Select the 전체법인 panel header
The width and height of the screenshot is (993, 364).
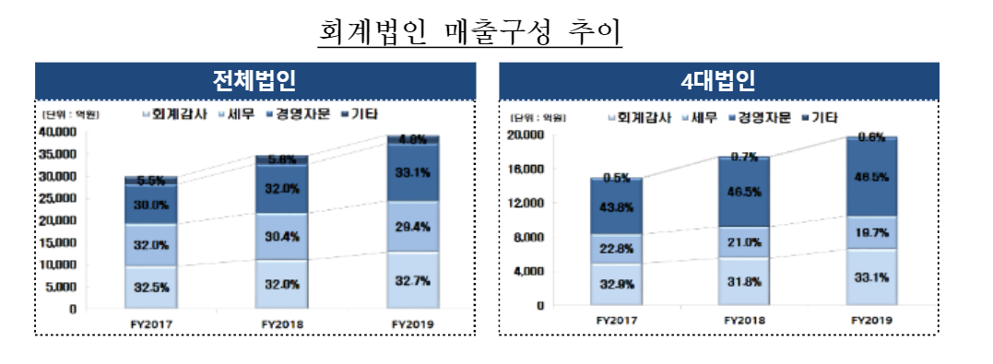(x=254, y=80)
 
